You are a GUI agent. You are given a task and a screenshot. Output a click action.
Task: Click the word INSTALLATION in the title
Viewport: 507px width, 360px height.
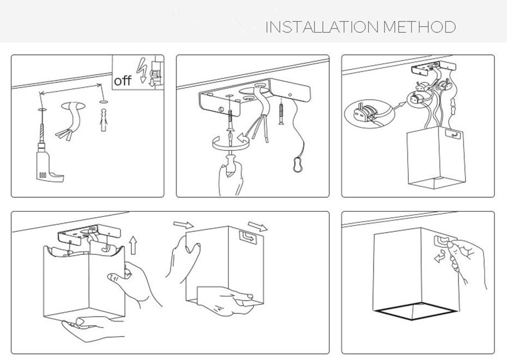[x=322, y=27]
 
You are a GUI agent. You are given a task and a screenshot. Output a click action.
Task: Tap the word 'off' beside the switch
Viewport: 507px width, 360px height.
[x=123, y=81]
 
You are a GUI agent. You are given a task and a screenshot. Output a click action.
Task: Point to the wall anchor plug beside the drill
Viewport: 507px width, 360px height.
[x=103, y=120]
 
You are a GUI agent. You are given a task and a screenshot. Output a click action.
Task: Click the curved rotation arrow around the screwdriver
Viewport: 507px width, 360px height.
[x=230, y=142]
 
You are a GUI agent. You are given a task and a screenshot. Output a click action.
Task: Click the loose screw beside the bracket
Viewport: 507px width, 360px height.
[x=281, y=113]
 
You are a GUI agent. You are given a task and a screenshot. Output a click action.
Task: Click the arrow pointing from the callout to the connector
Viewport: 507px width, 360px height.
[x=400, y=105]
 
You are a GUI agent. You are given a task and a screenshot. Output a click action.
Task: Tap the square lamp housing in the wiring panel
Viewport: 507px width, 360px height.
[x=437, y=157]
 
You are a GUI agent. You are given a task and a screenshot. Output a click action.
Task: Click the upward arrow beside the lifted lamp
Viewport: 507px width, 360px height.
[x=132, y=245]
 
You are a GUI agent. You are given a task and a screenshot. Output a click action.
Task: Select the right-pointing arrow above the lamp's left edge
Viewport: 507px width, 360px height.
[x=183, y=225]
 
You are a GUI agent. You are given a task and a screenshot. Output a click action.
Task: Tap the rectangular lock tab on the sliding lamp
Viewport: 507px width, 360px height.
[x=248, y=237]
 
